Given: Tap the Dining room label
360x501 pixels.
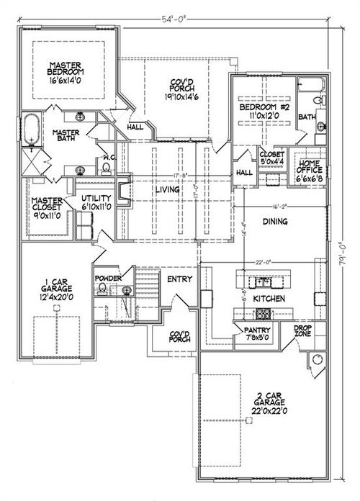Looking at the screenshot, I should click(275, 222).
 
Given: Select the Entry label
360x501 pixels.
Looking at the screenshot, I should click(178, 279).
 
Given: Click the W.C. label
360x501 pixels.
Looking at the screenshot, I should click(105, 156).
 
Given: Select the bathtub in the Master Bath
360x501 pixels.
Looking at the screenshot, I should click(31, 130).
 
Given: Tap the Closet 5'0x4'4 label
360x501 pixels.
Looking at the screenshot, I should click(272, 158).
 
